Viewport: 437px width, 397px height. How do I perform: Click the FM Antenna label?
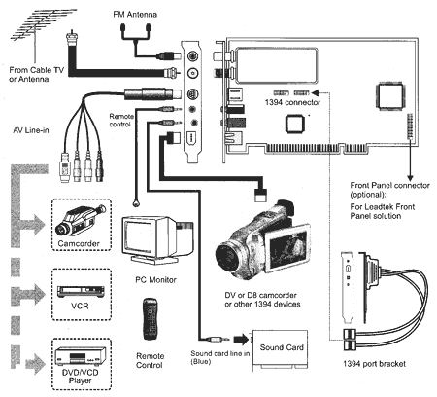(135, 15)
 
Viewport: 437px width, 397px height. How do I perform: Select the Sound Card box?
(280, 350)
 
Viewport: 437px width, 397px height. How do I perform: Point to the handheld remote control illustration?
(151, 319)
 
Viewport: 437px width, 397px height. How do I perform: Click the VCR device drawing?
(81, 292)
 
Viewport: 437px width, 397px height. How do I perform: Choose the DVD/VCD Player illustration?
(81, 356)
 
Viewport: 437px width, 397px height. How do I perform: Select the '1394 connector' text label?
(292, 102)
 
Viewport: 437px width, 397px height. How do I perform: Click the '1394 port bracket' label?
(374, 364)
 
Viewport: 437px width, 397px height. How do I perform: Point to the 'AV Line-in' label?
(31, 130)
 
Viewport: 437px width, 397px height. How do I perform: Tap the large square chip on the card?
(389, 96)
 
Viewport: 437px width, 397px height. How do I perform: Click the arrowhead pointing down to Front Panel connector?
(410, 178)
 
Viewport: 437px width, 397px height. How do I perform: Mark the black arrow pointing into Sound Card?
(241, 340)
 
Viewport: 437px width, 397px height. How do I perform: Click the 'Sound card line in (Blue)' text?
(220, 357)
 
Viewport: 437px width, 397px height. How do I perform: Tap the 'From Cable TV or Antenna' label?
(36, 74)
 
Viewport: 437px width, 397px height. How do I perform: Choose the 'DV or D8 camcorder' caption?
(260, 295)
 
